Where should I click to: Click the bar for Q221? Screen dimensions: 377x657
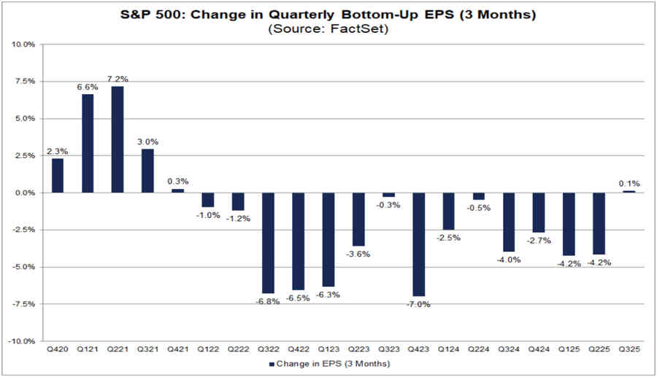(118, 139)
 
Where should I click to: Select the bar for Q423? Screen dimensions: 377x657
(418, 244)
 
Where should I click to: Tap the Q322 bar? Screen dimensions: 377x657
(268, 243)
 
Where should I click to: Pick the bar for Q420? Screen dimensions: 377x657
(58, 176)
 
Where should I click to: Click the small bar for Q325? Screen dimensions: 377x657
(629, 192)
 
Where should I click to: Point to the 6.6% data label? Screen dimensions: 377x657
(88, 87)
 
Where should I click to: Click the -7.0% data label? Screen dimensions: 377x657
(418, 304)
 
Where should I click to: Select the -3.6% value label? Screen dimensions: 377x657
(358, 254)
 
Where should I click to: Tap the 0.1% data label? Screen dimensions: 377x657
(629, 183)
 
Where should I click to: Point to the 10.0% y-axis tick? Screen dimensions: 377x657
(24, 44)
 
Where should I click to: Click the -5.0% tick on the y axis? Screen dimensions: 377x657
(24, 267)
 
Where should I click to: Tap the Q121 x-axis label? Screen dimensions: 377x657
(88, 349)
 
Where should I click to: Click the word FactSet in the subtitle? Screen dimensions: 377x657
(358, 28)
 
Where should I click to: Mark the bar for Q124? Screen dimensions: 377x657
(448, 211)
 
